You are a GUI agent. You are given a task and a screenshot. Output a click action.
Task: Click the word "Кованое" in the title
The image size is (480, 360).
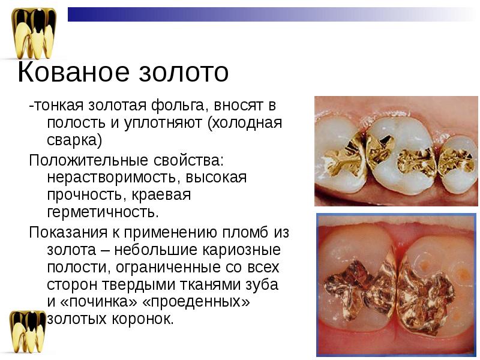pos(74,73)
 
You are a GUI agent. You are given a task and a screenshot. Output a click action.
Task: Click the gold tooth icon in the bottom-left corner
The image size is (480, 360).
pos(28,333)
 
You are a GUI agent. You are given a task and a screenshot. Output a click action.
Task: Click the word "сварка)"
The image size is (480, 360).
pos(75,140)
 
